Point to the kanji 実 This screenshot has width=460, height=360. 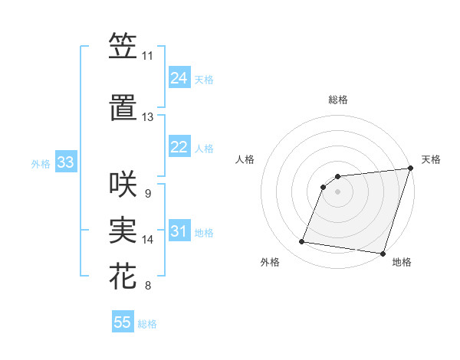pyautogui.click(x=123, y=230)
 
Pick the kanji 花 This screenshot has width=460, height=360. pyautogui.click(x=123, y=277)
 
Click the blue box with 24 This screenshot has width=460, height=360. pyautogui.click(x=179, y=78)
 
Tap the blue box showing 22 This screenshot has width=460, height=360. pyautogui.click(x=179, y=147)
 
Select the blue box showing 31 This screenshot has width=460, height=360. pyautogui.click(x=179, y=231)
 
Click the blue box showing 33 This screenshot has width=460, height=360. pyautogui.click(x=65, y=162)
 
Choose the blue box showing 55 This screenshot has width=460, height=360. pyautogui.click(x=123, y=322)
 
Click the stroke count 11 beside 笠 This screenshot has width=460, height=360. pyautogui.click(x=147, y=56)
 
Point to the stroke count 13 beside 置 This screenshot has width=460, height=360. pyautogui.click(x=147, y=117)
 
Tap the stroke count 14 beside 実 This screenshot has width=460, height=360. pyautogui.click(x=147, y=240)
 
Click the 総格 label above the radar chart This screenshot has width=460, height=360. pyautogui.click(x=338, y=100)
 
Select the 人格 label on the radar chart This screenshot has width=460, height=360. pyautogui.click(x=245, y=159)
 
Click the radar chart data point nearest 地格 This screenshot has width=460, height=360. pyautogui.click(x=383, y=253)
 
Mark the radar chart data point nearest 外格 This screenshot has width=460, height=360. pyautogui.click(x=302, y=242)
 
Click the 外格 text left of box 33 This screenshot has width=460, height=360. pyautogui.click(x=41, y=163)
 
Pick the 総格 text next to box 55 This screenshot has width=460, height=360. pyautogui.click(x=147, y=324)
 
